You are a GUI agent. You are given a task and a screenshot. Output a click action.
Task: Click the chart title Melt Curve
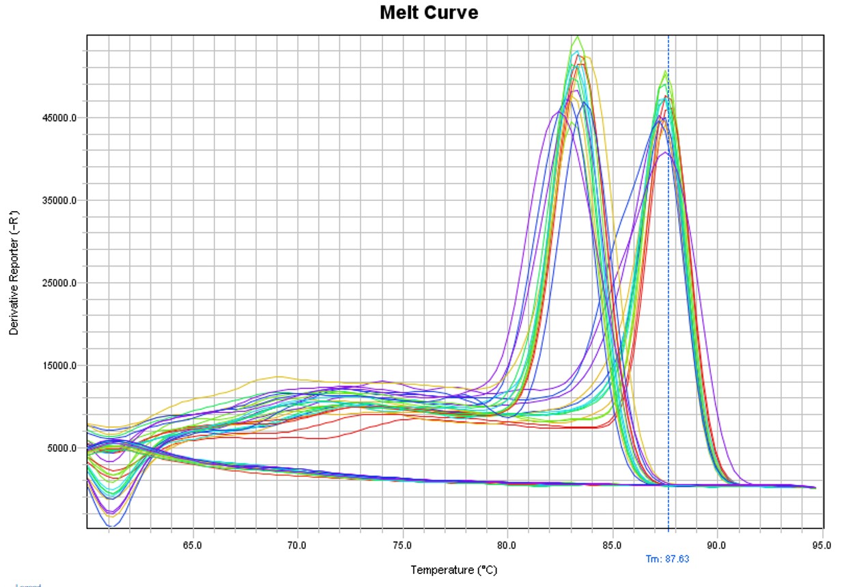point(429,12)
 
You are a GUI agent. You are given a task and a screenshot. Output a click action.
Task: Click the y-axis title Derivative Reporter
point(14,282)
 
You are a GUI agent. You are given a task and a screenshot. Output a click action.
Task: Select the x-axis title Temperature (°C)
point(453,569)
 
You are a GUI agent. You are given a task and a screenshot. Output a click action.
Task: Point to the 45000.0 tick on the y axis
point(59,118)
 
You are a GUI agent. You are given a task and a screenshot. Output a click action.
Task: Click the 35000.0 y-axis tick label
point(59,201)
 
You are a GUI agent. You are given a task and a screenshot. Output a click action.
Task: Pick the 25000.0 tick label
point(59,284)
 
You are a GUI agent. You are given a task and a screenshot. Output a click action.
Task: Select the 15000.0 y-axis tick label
point(59,366)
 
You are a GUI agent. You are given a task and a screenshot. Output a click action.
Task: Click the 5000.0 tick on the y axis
point(61,448)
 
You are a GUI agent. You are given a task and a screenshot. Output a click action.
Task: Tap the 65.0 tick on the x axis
point(192,545)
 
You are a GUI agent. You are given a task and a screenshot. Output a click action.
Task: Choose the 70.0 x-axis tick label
point(297,545)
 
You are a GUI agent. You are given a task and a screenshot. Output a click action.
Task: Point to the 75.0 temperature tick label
point(402,545)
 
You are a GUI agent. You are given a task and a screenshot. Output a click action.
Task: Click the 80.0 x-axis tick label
point(507,545)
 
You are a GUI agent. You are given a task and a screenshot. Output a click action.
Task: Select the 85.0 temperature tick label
point(613,545)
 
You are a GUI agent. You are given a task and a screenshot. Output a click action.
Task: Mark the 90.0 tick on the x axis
point(717,545)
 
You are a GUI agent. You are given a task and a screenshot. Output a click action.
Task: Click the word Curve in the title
point(454,12)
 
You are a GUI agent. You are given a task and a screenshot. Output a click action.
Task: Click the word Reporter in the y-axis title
point(14,256)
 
